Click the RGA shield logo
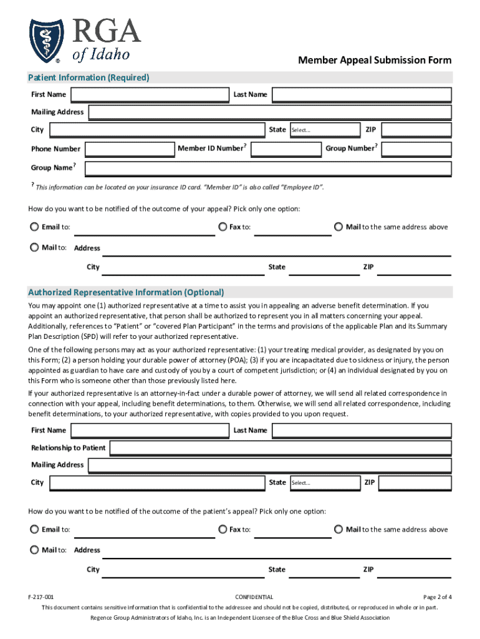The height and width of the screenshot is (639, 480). coord(46,41)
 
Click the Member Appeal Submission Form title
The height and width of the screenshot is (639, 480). coord(375,61)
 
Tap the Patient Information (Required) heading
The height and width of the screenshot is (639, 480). coord(89,78)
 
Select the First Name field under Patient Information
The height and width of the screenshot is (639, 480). coord(150,95)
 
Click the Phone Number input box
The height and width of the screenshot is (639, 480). coord(130,149)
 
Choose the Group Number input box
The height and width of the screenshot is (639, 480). coord(416,149)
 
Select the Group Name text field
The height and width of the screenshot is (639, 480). coord(268,168)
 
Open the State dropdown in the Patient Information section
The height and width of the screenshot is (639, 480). coord(324,130)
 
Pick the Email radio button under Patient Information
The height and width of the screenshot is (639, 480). coord(34,227)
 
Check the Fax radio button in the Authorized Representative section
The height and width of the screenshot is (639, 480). coord(223,530)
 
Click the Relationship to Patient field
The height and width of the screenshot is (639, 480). coord(281,448)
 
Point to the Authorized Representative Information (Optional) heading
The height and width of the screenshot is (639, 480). coord(126,293)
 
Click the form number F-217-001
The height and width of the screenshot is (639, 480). coord(41,597)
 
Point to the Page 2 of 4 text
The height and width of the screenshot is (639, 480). coord(437,597)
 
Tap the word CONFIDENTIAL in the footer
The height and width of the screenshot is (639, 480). coord(254,597)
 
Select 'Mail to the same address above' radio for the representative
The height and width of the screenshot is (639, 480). coord(338,530)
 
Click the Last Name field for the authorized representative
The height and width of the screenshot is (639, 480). coord(362,431)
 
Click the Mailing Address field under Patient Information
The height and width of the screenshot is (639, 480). coord(270,112)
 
